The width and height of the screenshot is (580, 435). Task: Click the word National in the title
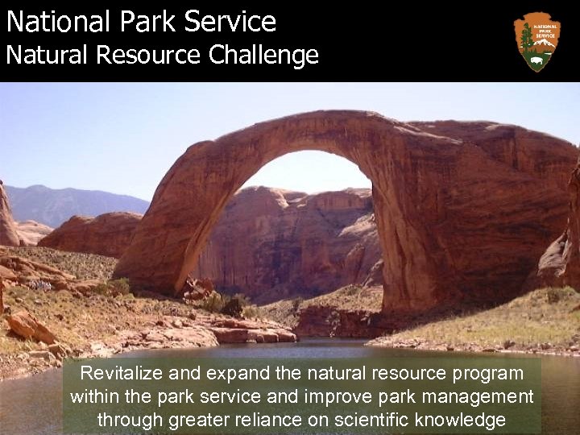(56, 22)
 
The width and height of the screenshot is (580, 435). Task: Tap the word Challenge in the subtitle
(263, 56)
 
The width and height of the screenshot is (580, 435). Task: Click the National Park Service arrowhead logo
(536, 41)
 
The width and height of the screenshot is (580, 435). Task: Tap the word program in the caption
(488, 374)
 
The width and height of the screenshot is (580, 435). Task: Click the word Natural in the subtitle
(48, 56)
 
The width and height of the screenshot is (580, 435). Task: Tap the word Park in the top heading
(148, 22)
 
